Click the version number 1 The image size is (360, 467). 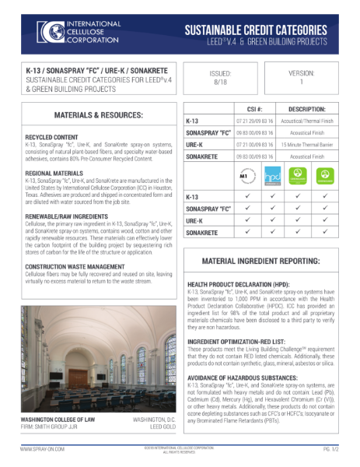click(x=300, y=81)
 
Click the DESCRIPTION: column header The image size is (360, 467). click(x=316, y=110)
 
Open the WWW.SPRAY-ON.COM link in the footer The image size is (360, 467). click(x=43, y=449)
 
